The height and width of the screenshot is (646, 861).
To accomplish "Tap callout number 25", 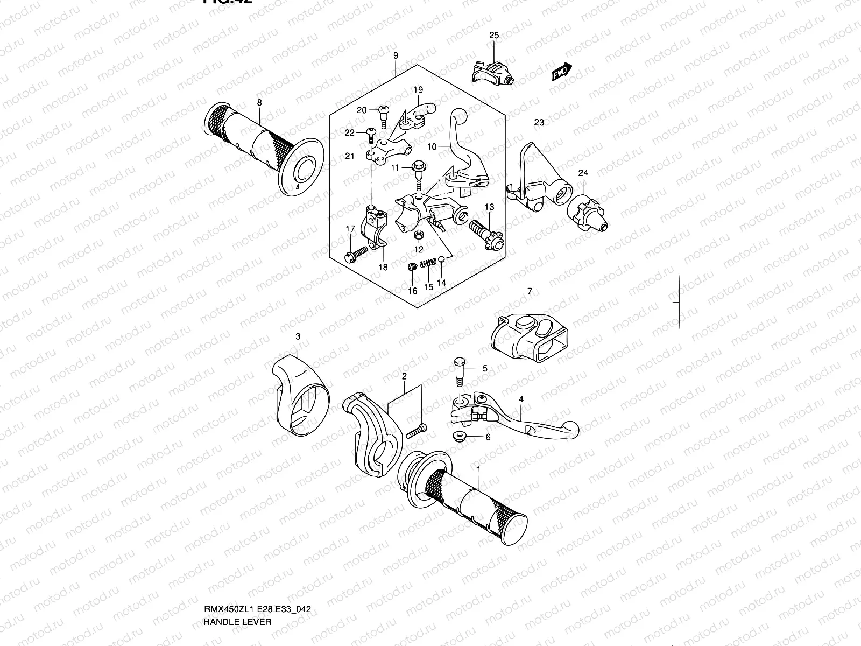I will (493, 36).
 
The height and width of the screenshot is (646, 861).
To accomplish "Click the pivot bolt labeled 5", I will (458, 371).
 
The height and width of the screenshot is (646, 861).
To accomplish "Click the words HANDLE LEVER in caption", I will (237, 576).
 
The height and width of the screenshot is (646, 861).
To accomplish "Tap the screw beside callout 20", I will (383, 114).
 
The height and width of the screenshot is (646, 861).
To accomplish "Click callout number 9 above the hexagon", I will (396, 55).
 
